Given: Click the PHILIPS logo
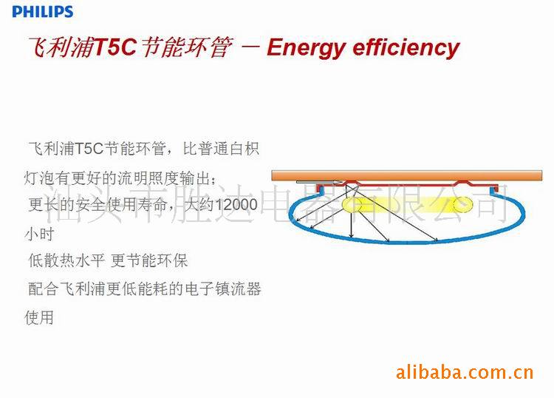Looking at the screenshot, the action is pos(42,11).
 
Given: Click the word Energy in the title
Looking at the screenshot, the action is pos(306,49).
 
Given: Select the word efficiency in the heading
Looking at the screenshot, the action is pos(406,48).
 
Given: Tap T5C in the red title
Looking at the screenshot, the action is pos(115,47).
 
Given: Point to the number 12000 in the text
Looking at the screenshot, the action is pos(236,204).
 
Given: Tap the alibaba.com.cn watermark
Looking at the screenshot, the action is pos(465,373).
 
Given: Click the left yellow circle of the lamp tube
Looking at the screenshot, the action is pos(352,204).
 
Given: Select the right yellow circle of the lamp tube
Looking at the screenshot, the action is pos(463,204).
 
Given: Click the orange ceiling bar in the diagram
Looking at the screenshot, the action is pos(407,176).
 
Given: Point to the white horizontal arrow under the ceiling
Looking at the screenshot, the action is pos(319,182).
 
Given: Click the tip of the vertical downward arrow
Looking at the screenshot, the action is pos(351,237).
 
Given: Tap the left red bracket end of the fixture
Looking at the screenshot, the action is pos(320,189).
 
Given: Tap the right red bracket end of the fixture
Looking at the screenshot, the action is pos(493,189).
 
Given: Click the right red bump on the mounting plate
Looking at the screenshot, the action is pos(462,183).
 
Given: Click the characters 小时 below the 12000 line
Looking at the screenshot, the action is pos(39,234).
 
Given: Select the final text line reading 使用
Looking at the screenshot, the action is pos(39,317).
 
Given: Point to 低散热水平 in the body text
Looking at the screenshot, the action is pos(66,260).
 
